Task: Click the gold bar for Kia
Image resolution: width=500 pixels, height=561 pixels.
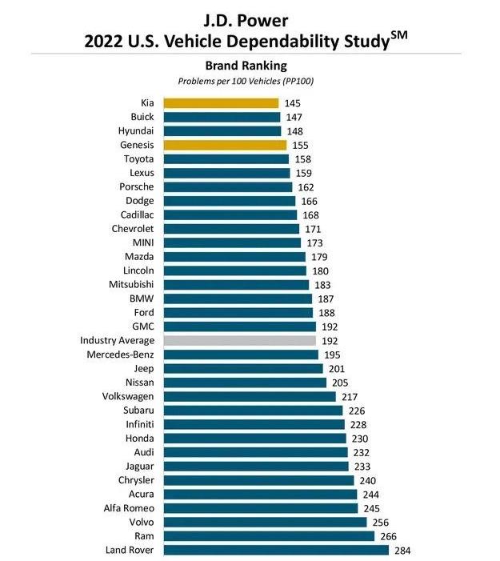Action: click(221, 103)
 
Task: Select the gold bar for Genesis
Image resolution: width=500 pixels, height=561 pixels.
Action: click(225, 145)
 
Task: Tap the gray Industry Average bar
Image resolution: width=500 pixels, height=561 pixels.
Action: click(240, 340)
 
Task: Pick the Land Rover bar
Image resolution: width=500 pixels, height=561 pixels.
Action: click(276, 550)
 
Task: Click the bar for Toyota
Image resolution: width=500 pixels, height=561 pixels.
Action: click(226, 158)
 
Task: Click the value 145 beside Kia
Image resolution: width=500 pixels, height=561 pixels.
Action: click(294, 103)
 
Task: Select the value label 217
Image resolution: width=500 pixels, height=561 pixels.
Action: click(350, 396)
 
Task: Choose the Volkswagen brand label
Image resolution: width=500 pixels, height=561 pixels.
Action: click(128, 396)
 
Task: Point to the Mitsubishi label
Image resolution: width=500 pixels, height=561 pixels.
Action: click(131, 284)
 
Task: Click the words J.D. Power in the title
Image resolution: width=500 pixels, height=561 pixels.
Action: click(249, 15)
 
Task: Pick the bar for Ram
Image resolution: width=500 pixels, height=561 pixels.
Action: click(269, 536)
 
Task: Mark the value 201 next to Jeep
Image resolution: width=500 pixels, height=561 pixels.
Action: click(337, 368)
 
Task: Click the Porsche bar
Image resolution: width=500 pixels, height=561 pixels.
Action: click(228, 186)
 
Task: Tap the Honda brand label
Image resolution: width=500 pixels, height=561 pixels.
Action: click(139, 439)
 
